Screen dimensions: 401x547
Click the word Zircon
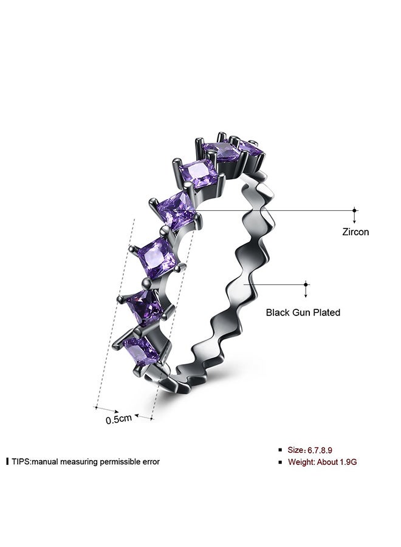coord(355,232)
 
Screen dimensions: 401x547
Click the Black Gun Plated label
coord(303,312)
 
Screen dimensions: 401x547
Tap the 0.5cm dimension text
coord(119,419)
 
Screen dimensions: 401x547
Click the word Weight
coord(301,463)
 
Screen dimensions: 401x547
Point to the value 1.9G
coord(348,463)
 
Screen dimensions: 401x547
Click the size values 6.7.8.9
coord(320,450)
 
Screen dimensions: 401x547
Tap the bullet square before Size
coord(280,450)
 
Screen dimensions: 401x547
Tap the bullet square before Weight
coord(280,463)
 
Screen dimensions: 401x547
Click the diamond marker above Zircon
coord(355,210)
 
